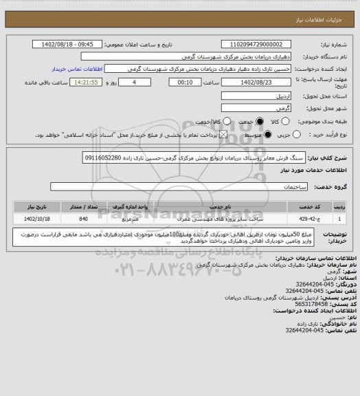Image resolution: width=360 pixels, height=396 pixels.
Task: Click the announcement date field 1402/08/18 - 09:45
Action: [x=76, y=44]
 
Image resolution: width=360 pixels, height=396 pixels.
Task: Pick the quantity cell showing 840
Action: [x=83, y=218]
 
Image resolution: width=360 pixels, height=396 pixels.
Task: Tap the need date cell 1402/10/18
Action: [x=35, y=218]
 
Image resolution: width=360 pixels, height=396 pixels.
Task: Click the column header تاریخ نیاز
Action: [x=35, y=206]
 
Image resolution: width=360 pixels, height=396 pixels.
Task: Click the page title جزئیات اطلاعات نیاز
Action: [x=330, y=7]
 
